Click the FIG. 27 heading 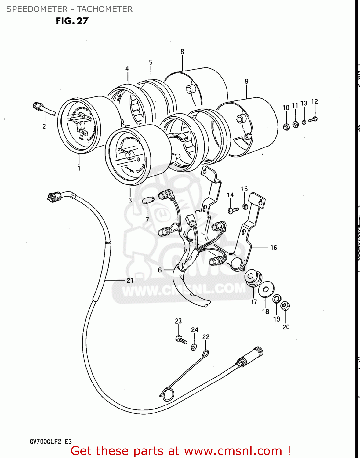point(72,21)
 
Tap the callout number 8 point(182,52)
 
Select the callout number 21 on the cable point(130,280)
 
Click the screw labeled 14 point(233,210)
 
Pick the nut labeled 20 point(285,305)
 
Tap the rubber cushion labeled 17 point(253,278)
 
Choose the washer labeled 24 point(194,347)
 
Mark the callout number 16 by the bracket point(274,248)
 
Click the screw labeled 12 point(313,119)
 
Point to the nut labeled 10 point(286,126)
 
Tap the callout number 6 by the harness point(160,270)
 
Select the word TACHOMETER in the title point(105,9)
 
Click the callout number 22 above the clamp point(206,337)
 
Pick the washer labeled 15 point(245,207)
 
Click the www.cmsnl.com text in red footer point(233,451)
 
